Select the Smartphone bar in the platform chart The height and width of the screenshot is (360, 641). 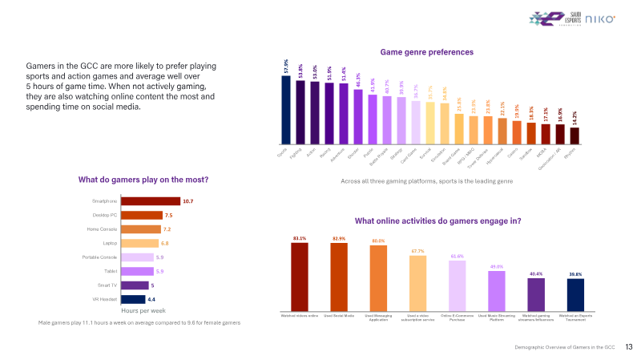[x=151, y=201]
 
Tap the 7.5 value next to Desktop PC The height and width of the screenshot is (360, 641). [x=168, y=215]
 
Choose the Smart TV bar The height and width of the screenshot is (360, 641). [x=135, y=285]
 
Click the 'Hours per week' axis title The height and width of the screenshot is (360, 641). [x=143, y=309]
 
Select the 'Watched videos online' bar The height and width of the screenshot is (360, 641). [x=300, y=277]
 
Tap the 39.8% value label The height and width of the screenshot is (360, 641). [x=575, y=274]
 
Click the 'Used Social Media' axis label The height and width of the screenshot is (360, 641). [x=338, y=316]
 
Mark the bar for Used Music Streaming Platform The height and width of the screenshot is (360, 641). [x=497, y=290]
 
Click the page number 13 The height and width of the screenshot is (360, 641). [x=629, y=347]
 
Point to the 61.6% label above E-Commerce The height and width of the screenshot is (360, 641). [x=457, y=257]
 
